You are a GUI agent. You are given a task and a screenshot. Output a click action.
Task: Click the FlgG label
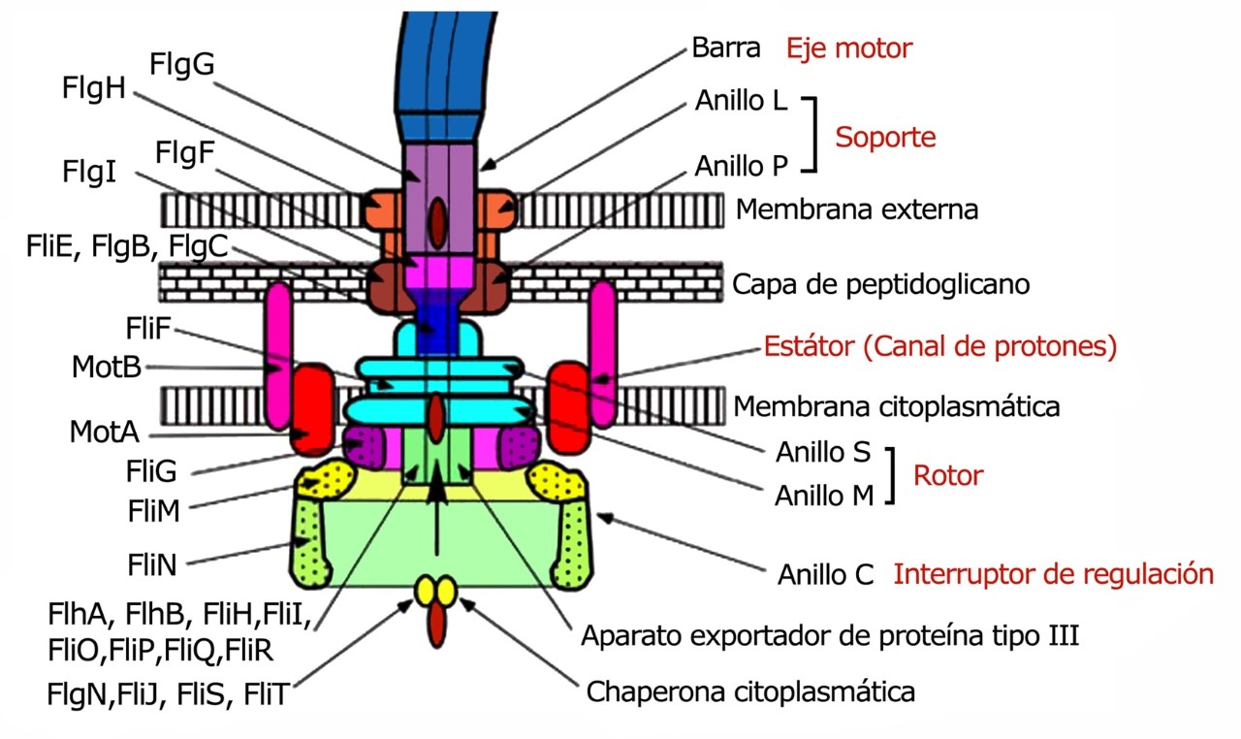(x=181, y=65)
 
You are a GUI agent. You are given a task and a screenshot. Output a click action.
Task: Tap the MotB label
(x=106, y=368)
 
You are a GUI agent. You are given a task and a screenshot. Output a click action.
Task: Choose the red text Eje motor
(x=849, y=48)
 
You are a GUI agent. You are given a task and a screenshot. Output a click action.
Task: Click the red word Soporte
(x=885, y=137)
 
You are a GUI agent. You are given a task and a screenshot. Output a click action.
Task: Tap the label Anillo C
(x=826, y=574)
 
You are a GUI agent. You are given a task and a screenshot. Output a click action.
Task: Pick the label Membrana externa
(x=857, y=209)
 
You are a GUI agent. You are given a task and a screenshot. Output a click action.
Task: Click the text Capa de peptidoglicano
(x=880, y=285)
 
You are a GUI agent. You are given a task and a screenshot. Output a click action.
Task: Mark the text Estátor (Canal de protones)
(x=940, y=346)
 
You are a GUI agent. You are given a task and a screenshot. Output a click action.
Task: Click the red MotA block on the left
(x=312, y=409)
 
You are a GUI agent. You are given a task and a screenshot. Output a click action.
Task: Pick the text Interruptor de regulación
(x=1053, y=574)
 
